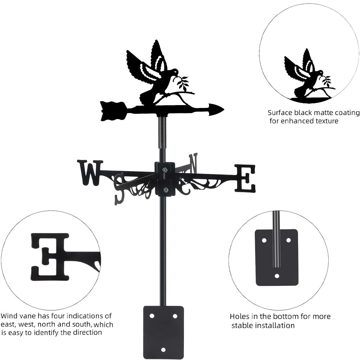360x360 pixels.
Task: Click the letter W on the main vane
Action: click(x=90, y=172)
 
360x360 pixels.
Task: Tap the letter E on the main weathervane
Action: click(x=245, y=178)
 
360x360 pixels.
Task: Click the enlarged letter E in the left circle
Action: click(x=50, y=256)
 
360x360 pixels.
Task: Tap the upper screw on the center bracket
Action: click(x=165, y=170)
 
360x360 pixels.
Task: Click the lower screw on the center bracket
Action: click(x=165, y=190)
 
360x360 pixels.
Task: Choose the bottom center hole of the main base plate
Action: click(x=163, y=350)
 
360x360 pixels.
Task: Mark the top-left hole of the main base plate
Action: click(x=152, y=316)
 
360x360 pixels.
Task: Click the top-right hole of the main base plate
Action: click(x=175, y=316)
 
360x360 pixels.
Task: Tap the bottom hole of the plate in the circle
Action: click(x=276, y=276)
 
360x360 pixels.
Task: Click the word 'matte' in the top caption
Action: click(x=316, y=113)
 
